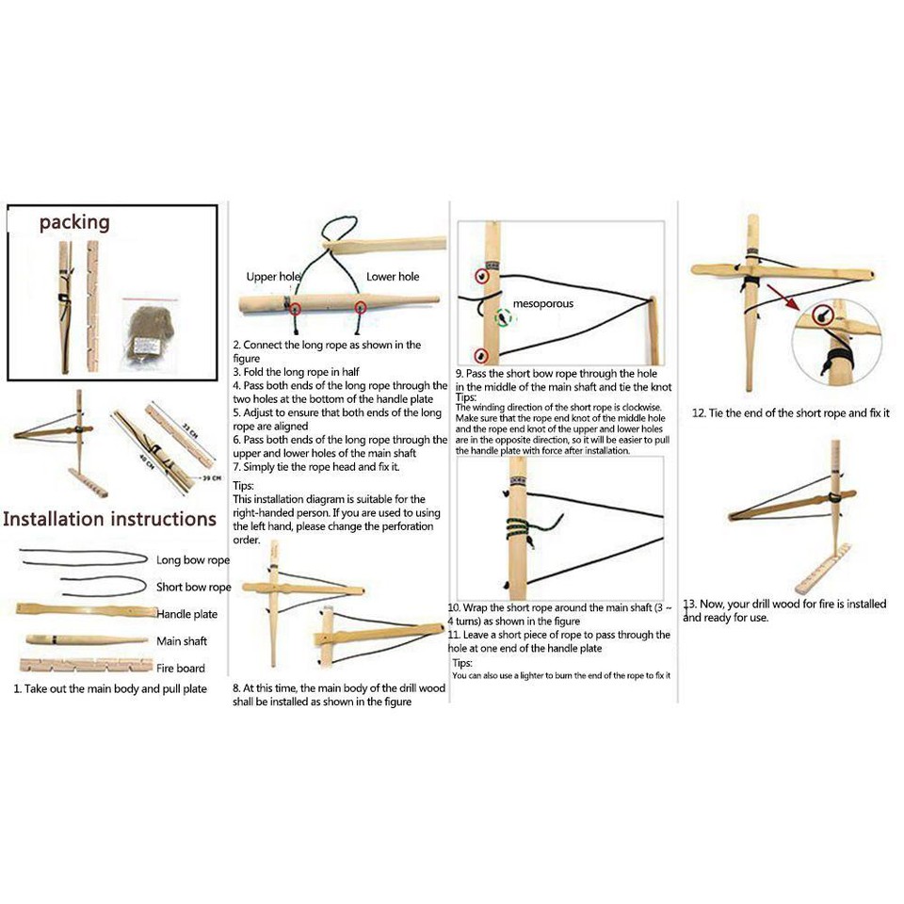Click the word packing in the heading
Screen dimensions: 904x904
coord(74,223)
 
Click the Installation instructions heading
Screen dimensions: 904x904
coord(109,519)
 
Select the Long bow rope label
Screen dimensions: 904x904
coord(193,560)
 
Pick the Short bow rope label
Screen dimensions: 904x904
coord(193,587)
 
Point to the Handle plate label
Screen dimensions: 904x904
coord(186,614)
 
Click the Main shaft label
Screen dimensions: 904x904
coord(183,641)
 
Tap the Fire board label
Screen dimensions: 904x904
coord(180,669)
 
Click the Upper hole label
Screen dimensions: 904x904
coord(273,277)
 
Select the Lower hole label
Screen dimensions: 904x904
coord(393,277)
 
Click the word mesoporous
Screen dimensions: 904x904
coord(543,304)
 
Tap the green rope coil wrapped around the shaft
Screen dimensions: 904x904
coord(516,530)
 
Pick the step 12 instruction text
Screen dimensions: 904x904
coord(790,412)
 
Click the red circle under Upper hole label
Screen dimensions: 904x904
coord(295,308)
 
